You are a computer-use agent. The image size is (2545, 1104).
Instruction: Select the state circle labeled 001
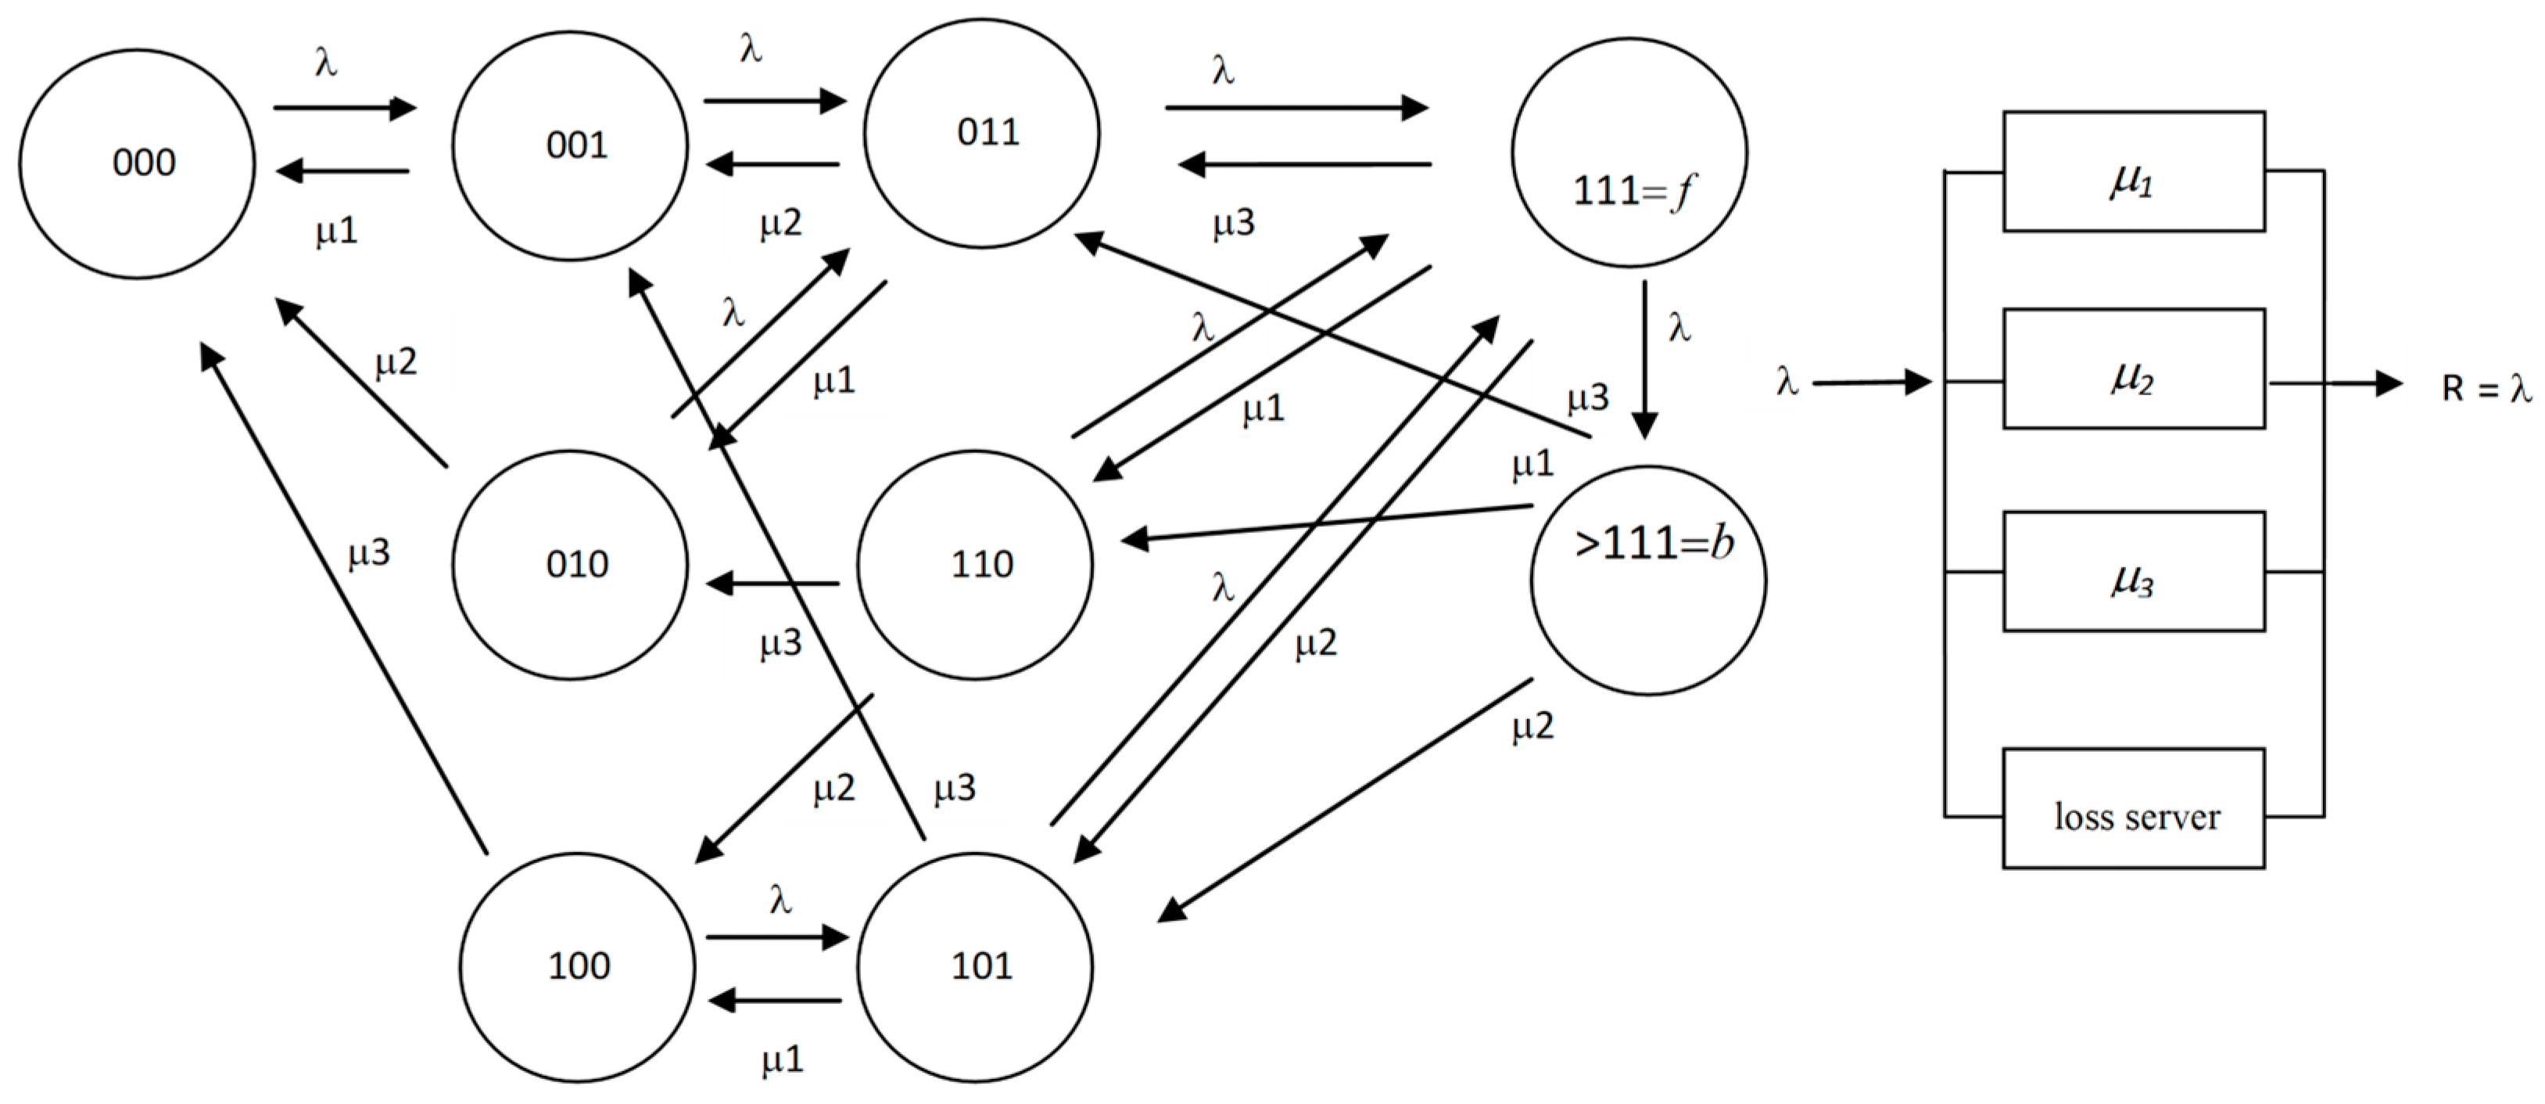[570, 146]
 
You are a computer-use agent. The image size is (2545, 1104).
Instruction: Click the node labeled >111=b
[1648, 581]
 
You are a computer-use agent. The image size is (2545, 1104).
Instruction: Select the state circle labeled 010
[570, 566]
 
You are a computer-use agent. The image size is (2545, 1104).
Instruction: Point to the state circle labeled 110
[975, 566]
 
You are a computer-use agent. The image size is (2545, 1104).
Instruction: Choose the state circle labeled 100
[577, 966]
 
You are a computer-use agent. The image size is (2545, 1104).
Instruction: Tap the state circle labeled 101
[975, 966]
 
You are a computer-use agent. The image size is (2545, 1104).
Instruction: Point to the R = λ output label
[2486, 387]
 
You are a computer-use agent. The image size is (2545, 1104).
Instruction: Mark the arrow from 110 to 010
[772, 583]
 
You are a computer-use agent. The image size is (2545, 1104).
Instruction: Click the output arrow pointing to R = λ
[2336, 383]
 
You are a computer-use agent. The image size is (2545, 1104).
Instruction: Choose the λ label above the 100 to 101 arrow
[780, 900]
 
